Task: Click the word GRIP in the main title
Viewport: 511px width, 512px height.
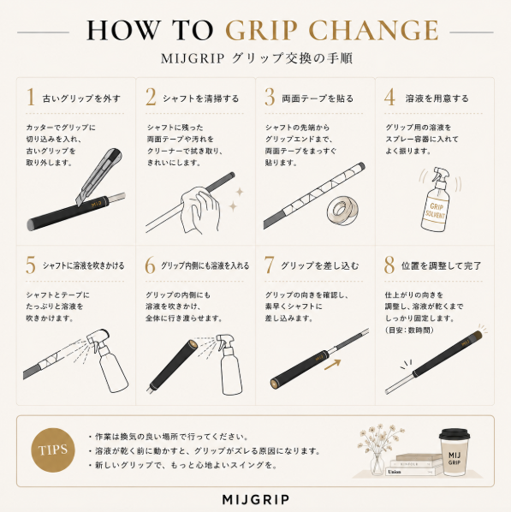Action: point(262,31)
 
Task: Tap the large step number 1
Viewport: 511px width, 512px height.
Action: point(31,97)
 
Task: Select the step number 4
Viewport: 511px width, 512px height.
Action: point(389,97)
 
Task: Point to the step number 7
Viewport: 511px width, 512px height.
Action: point(269,265)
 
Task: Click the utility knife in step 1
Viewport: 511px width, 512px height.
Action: point(99,176)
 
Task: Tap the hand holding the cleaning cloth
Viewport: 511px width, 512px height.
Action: point(200,209)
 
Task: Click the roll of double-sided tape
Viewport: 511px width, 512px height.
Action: point(343,211)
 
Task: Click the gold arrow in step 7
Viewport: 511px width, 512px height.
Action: point(333,365)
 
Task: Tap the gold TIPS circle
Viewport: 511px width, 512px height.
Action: point(53,450)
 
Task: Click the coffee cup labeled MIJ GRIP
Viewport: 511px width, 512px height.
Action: point(455,452)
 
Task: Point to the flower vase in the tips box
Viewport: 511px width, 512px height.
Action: point(377,463)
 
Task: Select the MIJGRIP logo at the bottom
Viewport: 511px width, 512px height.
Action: point(256,499)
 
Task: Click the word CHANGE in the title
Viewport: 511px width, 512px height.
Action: point(374,31)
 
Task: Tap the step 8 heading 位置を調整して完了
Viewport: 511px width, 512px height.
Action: point(441,265)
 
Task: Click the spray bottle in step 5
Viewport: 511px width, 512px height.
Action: point(107,360)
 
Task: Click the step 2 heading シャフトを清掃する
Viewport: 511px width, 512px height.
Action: point(201,98)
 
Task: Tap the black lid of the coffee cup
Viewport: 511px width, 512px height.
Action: point(455,435)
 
